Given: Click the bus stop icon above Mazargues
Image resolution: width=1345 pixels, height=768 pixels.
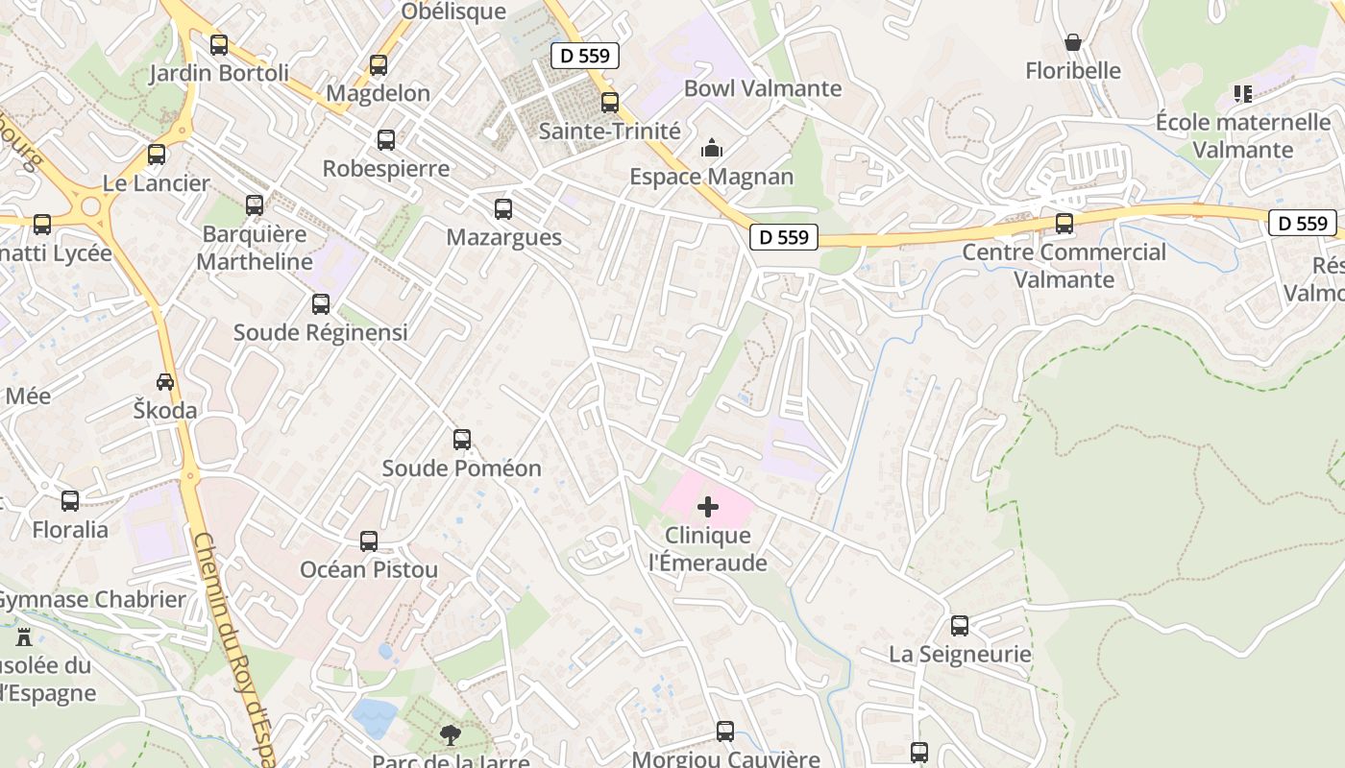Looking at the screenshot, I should (x=502, y=209).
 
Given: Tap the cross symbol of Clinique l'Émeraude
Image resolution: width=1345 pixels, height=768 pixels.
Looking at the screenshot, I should (x=708, y=507).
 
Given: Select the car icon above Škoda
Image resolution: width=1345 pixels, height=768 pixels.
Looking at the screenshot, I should (x=165, y=382).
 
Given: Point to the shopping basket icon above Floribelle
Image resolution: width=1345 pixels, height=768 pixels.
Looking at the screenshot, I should (x=1073, y=42).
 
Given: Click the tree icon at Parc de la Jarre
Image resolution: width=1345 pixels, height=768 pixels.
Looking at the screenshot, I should (x=450, y=736).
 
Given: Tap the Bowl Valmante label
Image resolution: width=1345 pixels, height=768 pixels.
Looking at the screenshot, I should (x=762, y=88).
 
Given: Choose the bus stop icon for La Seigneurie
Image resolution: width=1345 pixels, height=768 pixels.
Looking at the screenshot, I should (x=959, y=626).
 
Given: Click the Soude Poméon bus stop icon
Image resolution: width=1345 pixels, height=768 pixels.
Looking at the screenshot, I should (x=462, y=440).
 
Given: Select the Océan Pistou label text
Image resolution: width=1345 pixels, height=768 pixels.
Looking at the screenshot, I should (x=369, y=569).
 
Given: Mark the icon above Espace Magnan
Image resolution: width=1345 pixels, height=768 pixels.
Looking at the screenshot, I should (x=711, y=148).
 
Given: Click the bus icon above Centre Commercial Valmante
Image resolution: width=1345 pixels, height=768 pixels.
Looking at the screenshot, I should (x=1064, y=224).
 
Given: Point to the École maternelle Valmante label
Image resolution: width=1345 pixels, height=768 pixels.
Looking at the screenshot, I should (x=1242, y=135).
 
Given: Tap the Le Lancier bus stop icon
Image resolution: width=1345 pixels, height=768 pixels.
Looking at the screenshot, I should (x=157, y=155).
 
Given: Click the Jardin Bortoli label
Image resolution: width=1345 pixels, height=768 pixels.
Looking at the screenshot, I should (x=218, y=73).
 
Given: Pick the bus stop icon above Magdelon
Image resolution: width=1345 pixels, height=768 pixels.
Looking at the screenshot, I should (x=379, y=65).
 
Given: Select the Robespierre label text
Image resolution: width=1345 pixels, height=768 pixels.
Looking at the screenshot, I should (x=385, y=168).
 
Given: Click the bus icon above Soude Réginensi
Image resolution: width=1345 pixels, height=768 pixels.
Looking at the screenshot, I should (x=321, y=304).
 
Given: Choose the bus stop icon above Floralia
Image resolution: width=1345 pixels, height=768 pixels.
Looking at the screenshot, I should (x=70, y=501).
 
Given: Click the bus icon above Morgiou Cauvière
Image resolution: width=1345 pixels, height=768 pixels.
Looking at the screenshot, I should (x=725, y=732).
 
